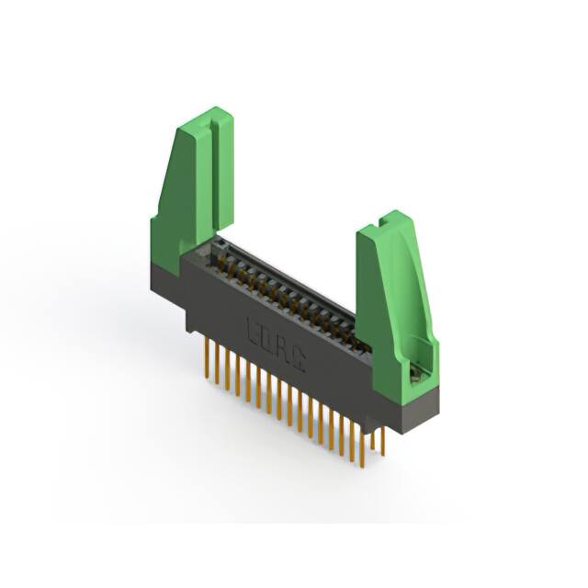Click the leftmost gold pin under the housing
(203, 353)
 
